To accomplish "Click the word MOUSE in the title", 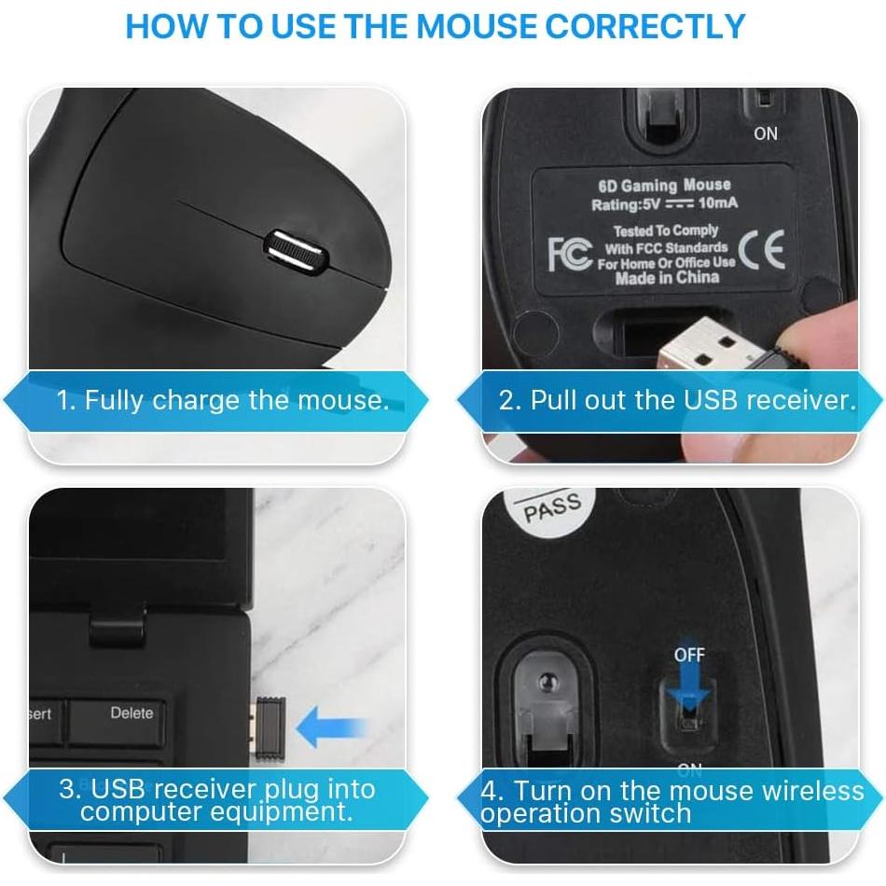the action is click(x=477, y=26).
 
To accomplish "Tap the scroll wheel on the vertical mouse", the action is click(x=296, y=252).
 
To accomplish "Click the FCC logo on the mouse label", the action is click(x=570, y=255).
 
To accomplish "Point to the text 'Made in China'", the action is click(x=668, y=277).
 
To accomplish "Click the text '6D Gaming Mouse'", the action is click(x=664, y=186).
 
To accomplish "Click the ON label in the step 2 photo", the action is click(x=766, y=134).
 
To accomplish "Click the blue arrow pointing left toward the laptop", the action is click(x=332, y=727).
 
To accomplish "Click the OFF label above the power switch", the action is click(x=689, y=655).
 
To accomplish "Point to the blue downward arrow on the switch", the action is click(x=689, y=687).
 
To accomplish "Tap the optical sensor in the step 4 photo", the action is click(x=547, y=682).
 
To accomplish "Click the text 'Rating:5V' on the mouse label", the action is click(x=625, y=204).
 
